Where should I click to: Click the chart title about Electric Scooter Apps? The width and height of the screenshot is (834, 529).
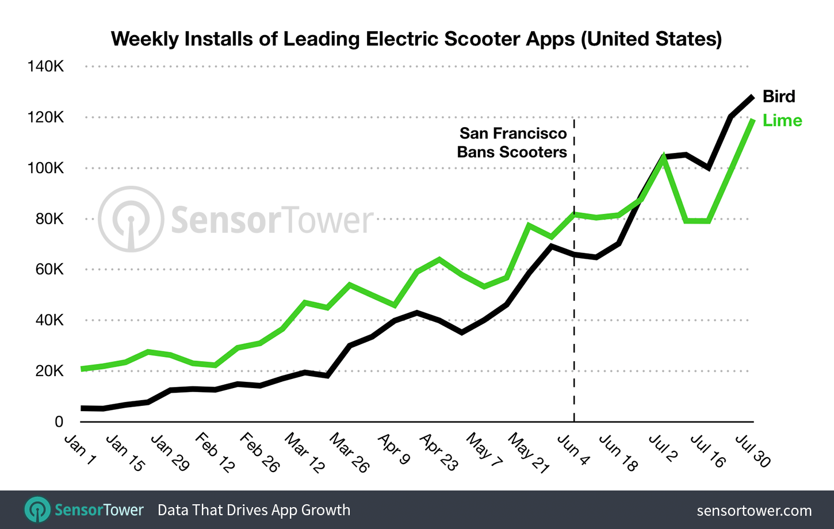click(416, 39)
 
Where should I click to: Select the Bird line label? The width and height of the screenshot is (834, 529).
click(779, 97)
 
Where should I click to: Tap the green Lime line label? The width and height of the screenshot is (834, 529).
click(782, 121)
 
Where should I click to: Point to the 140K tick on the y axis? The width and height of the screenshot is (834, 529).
click(45, 67)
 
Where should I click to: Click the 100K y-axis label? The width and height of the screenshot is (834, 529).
click(45, 168)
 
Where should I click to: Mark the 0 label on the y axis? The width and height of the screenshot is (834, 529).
click(59, 422)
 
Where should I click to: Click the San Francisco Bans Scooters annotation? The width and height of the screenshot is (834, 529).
click(512, 143)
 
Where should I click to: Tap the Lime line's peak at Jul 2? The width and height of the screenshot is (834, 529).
click(664, 157)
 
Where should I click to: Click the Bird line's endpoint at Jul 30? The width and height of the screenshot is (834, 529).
click(752, 97)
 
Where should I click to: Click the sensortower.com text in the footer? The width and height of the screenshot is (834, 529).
click(753, 511)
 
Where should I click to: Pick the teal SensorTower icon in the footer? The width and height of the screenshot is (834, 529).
click(38, 509)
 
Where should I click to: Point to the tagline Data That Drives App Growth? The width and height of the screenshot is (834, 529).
click(254, 510)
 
